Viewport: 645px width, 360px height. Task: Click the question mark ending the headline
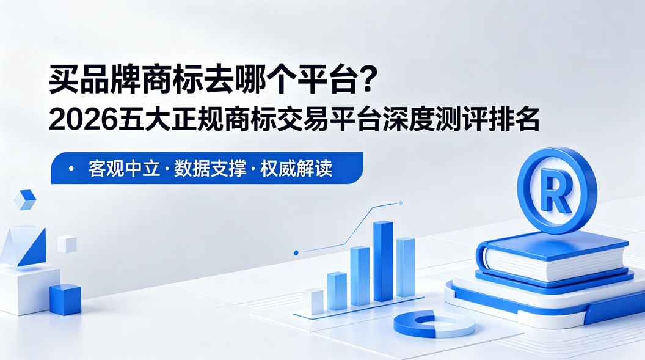click(x=367, y=79)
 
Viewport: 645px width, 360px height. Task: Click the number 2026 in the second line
click(x=83, y=119)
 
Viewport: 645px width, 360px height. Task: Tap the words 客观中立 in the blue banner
click(x=124, y=168)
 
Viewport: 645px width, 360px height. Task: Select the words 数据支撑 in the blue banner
click(x=210, y=168)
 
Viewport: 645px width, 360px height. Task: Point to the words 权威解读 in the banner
click(x=296, y=168)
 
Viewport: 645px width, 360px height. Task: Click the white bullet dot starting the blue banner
click(x=71, y=168)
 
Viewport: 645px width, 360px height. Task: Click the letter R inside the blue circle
click(x=556, y=190)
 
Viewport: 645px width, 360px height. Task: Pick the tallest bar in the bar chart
click(x=383, y=262)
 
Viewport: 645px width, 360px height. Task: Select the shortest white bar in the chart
click(x=313, y=301)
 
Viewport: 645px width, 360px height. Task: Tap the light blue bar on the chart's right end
click(x=405, y=267)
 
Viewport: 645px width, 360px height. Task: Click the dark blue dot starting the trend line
click(x=296, y=252)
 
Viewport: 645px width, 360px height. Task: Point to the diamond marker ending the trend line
click(x=401, y=203)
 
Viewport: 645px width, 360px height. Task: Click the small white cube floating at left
click(x=67, y=244)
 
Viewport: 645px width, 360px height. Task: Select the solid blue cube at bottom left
click(x=65, y=299)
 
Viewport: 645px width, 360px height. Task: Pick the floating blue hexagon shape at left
click(x=24, y=200)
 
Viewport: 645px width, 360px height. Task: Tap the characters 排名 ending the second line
click(x=514, y=119)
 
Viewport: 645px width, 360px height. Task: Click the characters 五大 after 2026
click(x=144, y=119)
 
